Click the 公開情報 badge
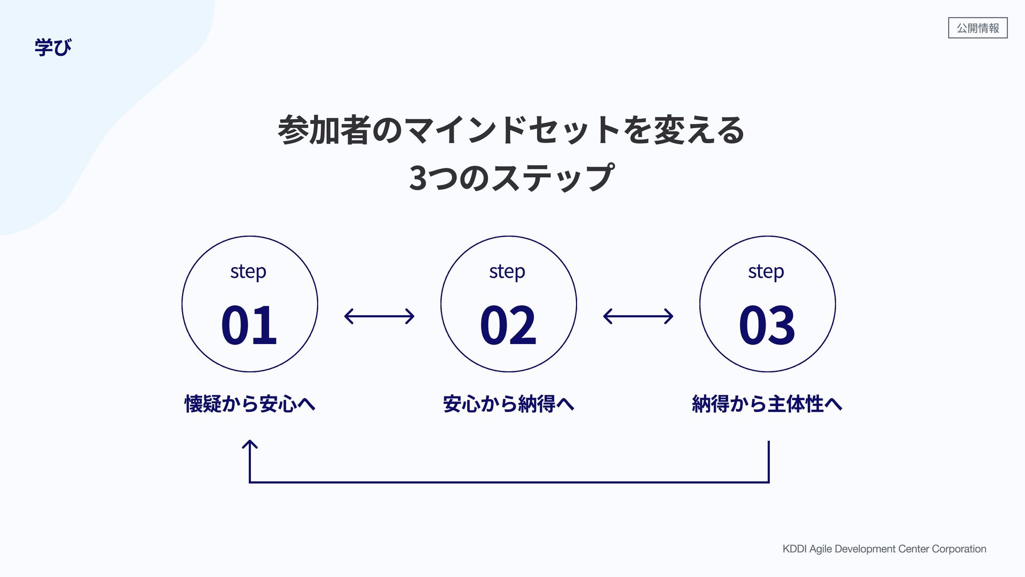click(977, 28)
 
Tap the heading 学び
click(53, 47)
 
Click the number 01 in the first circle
click(249, 324)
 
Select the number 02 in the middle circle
click(508, 324)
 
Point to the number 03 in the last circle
click(767, 324)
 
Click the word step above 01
click(248, 271)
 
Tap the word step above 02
click(507, 271)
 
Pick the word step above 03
click(766, 271)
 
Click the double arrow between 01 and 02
click(379, 316)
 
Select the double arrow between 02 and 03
click(638, 316)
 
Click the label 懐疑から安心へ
click(249, 403)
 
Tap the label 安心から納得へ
click(508, 403)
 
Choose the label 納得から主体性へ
click(767, 403)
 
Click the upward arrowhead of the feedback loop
click(249, 445)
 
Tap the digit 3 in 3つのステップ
click(417, 178)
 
